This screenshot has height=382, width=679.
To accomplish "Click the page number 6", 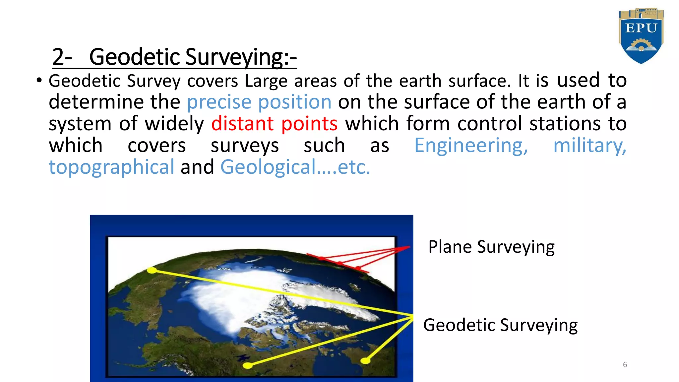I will coord(625,365).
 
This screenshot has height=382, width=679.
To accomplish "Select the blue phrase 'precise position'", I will coord(259,102).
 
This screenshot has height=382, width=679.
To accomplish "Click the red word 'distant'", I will coord(242,124).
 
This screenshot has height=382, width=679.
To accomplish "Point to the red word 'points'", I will coord(309,124).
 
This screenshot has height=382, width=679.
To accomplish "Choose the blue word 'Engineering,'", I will coord(471,146).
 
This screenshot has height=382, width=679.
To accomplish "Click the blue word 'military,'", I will coord(589,146).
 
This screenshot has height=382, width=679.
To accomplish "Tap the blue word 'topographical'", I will coord(111,167).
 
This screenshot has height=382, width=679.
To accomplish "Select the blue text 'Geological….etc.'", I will coord(295,167).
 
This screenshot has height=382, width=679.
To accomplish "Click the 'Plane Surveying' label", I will coord(491,247).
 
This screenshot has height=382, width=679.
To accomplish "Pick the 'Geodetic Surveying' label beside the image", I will coord(500,325).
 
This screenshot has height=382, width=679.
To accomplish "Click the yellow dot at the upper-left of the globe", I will coord(152,270).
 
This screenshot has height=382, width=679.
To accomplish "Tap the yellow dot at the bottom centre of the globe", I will coord(248,365).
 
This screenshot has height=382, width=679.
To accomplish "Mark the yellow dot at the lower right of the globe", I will coord(365,360).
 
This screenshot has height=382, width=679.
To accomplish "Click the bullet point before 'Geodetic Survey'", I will coord(39,81).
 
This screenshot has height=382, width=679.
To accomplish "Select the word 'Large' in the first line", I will coord(266,81).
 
